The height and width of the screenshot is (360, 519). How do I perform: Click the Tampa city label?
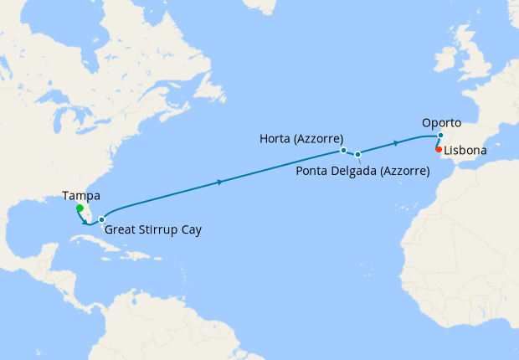tap(81, 196)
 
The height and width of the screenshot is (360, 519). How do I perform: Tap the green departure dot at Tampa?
tap(79, 208)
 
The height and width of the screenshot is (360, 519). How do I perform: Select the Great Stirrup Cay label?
tap(154, 229)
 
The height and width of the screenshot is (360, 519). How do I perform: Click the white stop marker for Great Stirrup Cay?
tap(101, 220)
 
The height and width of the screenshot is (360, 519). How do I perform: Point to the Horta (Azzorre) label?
tap(301, 140)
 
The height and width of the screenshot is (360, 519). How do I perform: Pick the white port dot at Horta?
tap(343, 151)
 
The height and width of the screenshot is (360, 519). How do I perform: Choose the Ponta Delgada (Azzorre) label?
tap(363, 171)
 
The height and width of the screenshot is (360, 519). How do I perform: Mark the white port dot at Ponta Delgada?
tap(357, 154)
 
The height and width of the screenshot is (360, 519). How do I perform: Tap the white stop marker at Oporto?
tap(439, 136)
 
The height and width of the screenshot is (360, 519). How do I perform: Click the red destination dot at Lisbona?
tap(439, 149)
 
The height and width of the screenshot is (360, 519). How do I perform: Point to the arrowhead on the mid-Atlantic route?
tap(219, 182)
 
